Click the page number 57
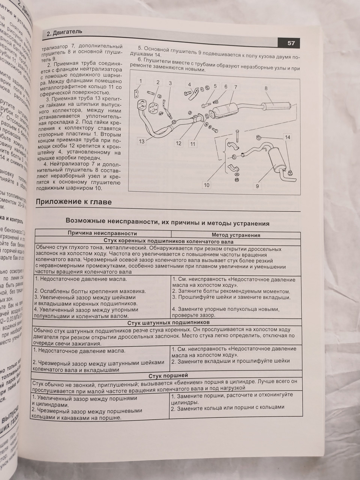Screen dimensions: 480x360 coord(291,43)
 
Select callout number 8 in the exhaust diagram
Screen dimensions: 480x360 coord(265,89)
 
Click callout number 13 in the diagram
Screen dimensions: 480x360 coord(141,141)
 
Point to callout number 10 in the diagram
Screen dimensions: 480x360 coord(207,185)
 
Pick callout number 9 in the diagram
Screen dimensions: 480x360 coord(258,185)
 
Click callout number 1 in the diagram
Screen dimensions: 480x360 coord(141,81)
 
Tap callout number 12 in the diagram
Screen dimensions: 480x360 coord(178,143)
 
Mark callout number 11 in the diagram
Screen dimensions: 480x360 coord(192,144)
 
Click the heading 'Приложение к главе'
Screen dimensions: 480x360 coord(73,202)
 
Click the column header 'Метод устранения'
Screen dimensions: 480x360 coord(236,235)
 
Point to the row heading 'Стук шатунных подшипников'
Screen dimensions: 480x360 coord(168,322)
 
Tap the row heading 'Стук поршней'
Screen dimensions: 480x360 coord(168,375)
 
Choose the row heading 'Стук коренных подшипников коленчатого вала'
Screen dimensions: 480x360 coord(168,241)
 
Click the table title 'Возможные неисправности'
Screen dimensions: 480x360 coord(167,223)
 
